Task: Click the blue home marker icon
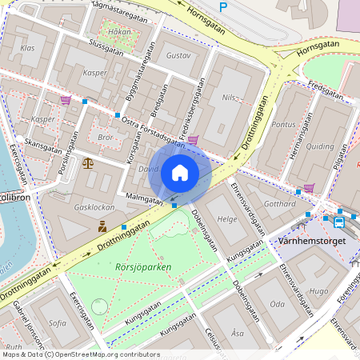click(180, 172)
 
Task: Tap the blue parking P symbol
click(223, 6)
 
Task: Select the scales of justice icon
click(87, 162)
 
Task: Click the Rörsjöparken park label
click(143, 267)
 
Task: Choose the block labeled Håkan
click(118, 33)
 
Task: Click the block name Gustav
click(180, 57)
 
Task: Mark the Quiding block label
click(320, 146)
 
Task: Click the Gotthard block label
click(279, 204)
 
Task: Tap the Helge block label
click(229, 218)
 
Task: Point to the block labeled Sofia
click(58, 323)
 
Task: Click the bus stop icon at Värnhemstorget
click(338, 222)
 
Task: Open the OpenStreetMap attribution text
click(80, 354)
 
